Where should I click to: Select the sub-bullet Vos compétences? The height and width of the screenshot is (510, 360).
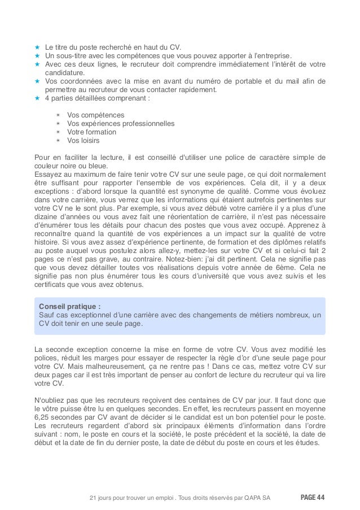[x=92, y=115]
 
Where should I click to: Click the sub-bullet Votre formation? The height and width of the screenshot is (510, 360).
[x=91, y=132]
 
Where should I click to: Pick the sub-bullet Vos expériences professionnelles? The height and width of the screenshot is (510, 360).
[x=121, y=124]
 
